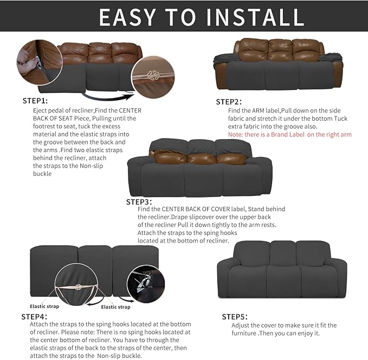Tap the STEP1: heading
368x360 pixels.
(x=35, y=101)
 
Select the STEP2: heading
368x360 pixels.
(x=229, y=102)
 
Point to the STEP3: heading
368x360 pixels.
(x=140, y=202)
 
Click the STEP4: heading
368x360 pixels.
(x=34, y=316)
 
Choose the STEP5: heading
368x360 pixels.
(x=235, y=316)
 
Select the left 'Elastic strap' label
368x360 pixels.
(x=44, y=291)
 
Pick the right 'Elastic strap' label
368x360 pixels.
(x=115, y=307)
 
